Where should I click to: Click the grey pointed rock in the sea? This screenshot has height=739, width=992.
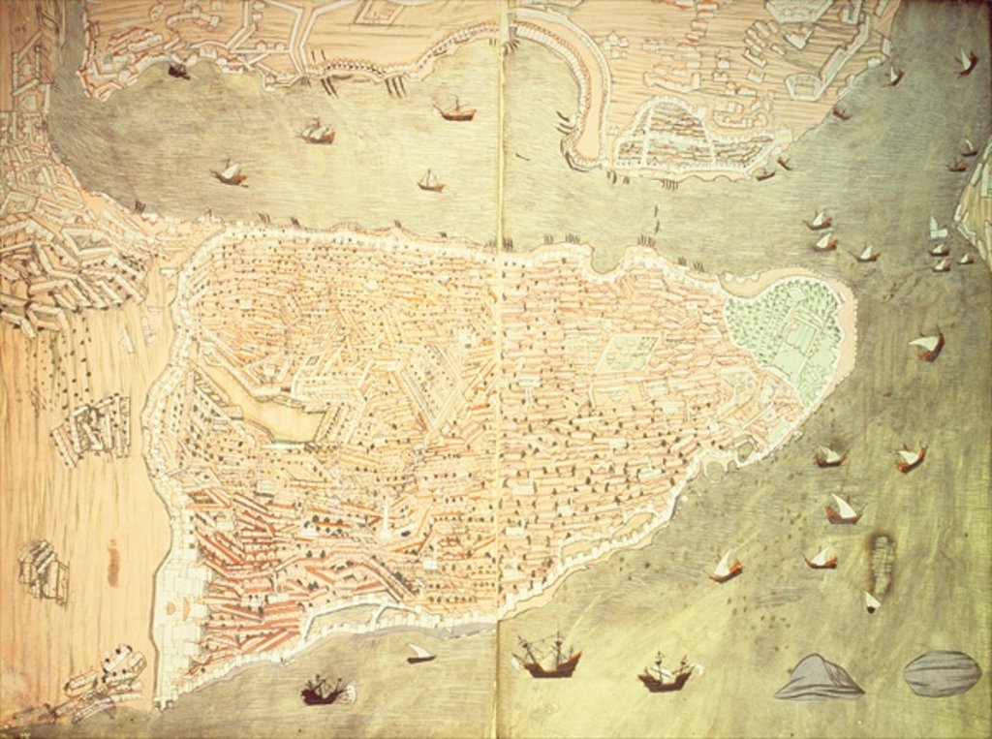point(819,677)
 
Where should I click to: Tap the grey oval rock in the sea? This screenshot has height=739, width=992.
point(942,673)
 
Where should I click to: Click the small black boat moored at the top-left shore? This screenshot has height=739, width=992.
point(178,70)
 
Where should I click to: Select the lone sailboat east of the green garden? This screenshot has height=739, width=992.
point(927,344)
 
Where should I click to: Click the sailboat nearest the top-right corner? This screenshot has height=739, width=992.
point(965,62)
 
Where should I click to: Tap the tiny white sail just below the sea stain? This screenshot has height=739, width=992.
point(872,602)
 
